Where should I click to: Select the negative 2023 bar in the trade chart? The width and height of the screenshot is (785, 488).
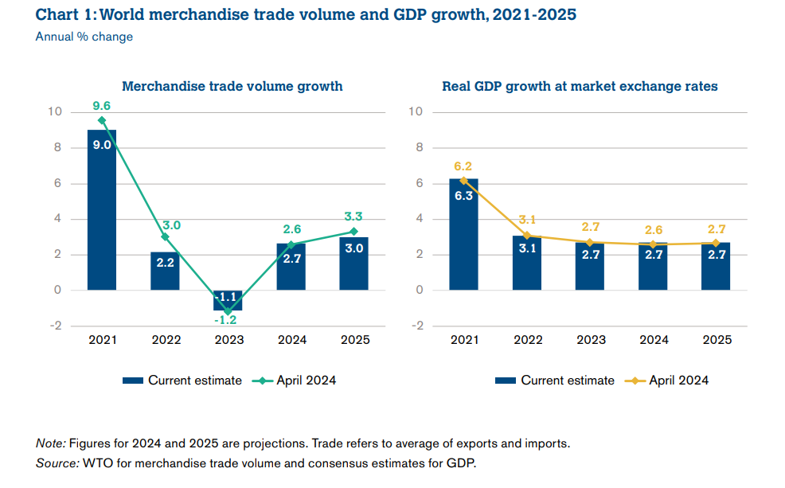228,300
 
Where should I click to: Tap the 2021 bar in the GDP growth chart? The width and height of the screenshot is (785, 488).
463,234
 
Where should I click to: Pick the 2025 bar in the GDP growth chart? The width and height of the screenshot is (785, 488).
717,266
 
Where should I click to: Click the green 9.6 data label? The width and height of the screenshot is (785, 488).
101,105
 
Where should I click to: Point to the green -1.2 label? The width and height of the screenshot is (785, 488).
228,320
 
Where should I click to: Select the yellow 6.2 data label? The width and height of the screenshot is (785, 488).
463,166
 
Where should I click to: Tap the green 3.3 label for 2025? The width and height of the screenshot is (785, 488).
354,217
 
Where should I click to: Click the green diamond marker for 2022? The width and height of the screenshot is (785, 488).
165,236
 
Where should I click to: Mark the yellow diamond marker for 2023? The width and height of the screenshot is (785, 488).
590,242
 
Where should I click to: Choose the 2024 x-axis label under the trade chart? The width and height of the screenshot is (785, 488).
291,340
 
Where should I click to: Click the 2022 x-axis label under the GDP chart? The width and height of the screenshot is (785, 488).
527,340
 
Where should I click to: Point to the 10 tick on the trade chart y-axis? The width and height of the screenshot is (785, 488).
54,111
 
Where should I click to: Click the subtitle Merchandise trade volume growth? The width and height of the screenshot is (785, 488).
232,86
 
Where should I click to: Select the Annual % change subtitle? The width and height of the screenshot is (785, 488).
84,37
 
